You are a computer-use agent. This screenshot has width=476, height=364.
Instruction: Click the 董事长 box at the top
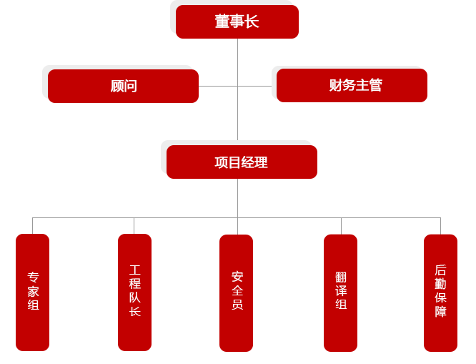[237, 21]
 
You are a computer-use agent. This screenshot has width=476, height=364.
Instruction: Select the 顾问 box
[123, 86]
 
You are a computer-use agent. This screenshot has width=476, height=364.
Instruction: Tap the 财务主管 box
[351, 86]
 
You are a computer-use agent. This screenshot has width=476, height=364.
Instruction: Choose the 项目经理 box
[241, 162]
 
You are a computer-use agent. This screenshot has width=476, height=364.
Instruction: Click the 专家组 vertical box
[33, 292]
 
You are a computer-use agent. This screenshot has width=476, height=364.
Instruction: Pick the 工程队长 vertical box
[134, 292]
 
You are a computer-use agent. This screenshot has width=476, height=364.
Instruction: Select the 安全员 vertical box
[237, 292]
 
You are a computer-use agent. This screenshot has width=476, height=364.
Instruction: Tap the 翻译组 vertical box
[340, 292]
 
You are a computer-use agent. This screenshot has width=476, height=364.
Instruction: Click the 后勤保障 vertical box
[440, 292]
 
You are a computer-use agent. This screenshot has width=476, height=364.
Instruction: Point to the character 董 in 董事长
[222, 21]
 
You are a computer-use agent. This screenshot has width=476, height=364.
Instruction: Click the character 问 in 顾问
[130, 86]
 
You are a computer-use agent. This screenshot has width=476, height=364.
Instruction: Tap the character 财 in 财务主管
[336, 86]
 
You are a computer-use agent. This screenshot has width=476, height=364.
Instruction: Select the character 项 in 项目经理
[222, 162]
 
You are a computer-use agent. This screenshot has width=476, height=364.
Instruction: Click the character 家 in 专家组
[33, 292]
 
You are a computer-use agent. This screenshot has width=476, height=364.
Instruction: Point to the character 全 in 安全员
[237, 292]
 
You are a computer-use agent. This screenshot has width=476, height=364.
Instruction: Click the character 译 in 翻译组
[340, 292]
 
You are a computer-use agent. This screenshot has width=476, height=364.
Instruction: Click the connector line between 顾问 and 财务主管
[222, 86]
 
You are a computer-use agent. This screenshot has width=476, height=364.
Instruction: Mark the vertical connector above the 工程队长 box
[134, 225]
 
